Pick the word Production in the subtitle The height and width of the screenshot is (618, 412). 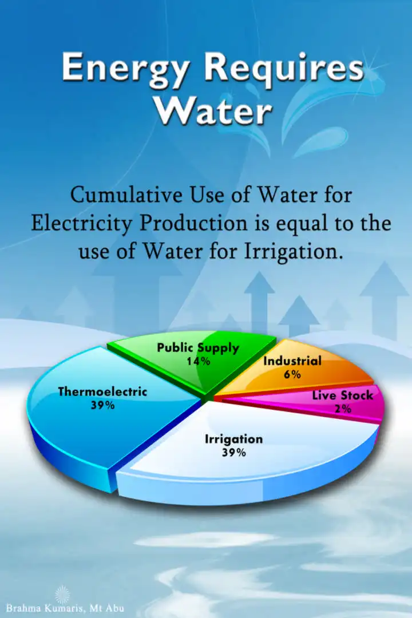coord(193,223)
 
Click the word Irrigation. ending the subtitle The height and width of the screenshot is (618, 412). coord(291,251)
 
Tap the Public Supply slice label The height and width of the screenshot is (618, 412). coord(198,348)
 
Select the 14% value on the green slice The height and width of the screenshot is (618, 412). coord(199,361)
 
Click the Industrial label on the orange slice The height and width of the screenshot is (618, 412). coord(292,361)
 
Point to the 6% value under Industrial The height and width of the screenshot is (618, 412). coord(292,374)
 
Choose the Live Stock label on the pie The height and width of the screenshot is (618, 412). coord(342,395)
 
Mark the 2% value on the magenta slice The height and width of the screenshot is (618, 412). coord(343,409)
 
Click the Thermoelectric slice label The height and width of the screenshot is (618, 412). coord(102,392)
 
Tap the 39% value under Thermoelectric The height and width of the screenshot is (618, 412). coord(102,405)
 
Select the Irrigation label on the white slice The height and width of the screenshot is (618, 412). coord(233,439)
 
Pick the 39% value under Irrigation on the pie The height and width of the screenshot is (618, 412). coord(234,453)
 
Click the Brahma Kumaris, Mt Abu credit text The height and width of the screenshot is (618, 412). coord(65,607)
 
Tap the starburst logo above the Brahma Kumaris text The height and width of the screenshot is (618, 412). coord(62,594)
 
